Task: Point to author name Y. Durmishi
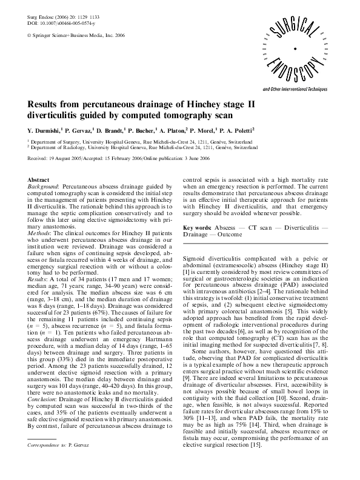tap(48, 130)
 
